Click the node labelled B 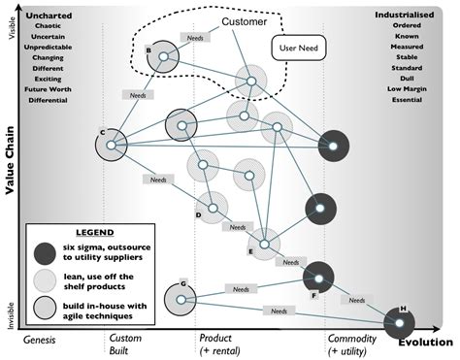[164, 57]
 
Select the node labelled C [112, 146]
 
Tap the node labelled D [213, 204]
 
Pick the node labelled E [264, 240]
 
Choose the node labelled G [181, 299]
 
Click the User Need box [300, 45]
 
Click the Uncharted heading [48, 15]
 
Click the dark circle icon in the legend [44, 252]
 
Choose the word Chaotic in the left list [48, 26]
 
